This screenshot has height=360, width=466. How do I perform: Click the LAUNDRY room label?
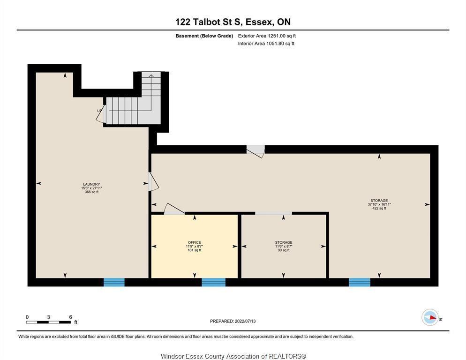point(91,184)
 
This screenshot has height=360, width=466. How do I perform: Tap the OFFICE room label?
point(195,242)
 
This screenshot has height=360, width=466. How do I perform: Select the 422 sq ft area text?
point(379,209)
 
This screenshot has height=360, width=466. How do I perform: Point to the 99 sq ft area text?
point(284,250)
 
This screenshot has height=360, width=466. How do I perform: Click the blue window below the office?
point(213,282)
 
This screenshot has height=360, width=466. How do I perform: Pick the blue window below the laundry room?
point(114,282)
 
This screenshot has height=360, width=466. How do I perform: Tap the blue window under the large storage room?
point(360,282)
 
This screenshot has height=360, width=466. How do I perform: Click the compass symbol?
point(430,317)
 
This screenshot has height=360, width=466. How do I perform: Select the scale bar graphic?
point(49,322)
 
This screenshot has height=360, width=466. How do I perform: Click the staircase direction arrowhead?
point(151,76)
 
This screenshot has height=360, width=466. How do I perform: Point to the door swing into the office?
point(174,209)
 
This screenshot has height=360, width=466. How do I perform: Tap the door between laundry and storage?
point(154,181)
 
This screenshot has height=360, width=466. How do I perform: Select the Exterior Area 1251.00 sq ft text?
point(267,36)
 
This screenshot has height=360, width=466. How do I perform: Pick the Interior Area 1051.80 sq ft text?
point(266,44)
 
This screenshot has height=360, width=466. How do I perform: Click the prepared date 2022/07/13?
point(245,321)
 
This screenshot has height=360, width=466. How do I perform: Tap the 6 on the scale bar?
point(70,317)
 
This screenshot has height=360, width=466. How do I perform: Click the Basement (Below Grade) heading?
point(204,36)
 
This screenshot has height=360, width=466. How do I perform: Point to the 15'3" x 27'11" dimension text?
point(91,188)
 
